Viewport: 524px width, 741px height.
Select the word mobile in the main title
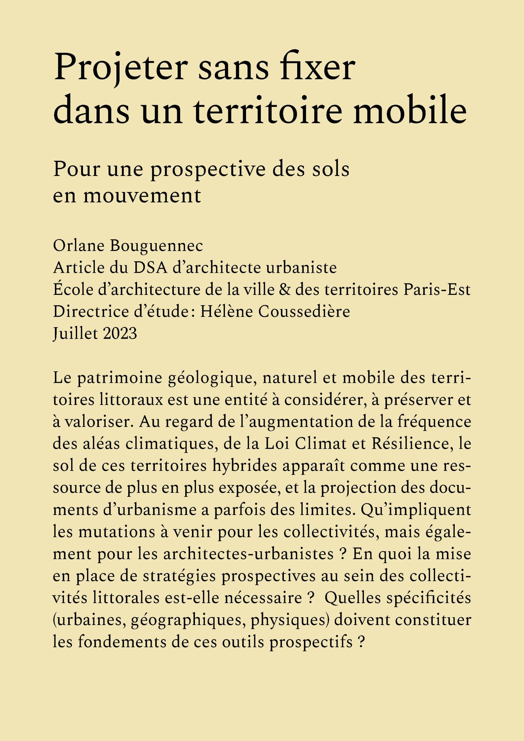point(409,111)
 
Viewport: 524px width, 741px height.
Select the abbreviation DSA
point(150,268)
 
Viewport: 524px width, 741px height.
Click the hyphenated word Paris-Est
point(437,290)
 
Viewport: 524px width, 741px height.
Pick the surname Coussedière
point(304,312)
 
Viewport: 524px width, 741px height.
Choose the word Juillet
point(75,333)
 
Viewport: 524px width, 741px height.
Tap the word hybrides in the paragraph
point(245,466)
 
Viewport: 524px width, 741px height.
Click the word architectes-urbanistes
point(248,554)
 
